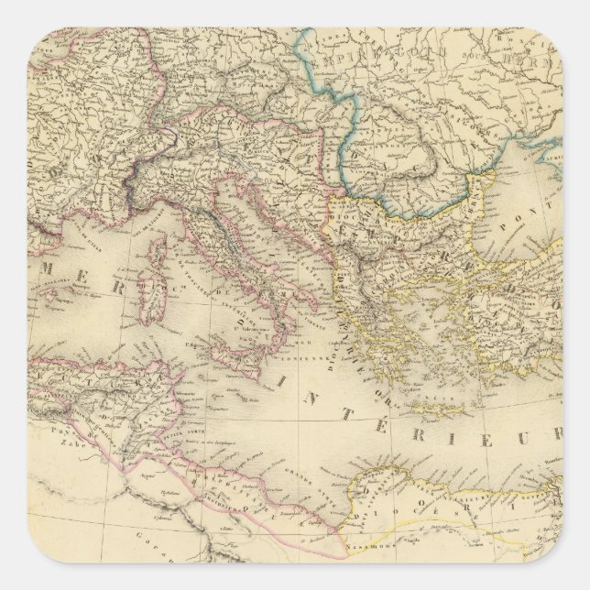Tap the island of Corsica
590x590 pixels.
point(161,251)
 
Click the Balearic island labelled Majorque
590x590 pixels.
point(51,298)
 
